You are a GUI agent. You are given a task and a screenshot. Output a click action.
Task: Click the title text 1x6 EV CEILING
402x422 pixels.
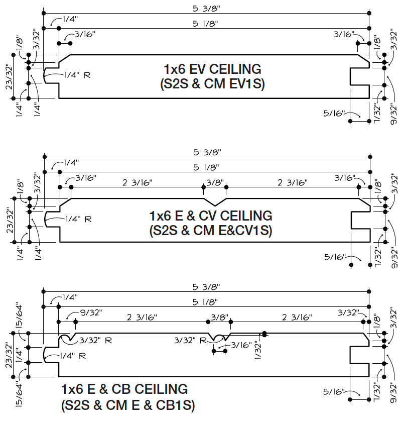tap(212, 69)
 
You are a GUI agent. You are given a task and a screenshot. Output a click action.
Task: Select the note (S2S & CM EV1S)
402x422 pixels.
tap(212, 84)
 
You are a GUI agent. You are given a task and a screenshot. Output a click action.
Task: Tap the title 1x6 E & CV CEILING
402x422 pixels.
tap(211, 216)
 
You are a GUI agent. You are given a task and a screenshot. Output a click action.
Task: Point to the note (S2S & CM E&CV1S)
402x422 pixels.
tap(211, 231)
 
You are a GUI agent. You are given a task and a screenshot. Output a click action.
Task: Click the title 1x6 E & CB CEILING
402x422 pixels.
tap(124, 389)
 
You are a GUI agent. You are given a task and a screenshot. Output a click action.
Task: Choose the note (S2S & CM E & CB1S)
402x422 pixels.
tap(128, 404)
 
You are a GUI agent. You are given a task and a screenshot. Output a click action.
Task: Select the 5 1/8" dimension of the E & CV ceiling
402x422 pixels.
tap(205, 167)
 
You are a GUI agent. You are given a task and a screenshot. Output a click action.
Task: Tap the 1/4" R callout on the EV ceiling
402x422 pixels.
tap(77, 75)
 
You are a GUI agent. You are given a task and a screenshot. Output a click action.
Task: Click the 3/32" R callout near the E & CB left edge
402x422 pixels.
tap(92, 340)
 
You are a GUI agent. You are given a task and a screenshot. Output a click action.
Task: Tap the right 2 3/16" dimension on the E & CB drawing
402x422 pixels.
tap(297, 318)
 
